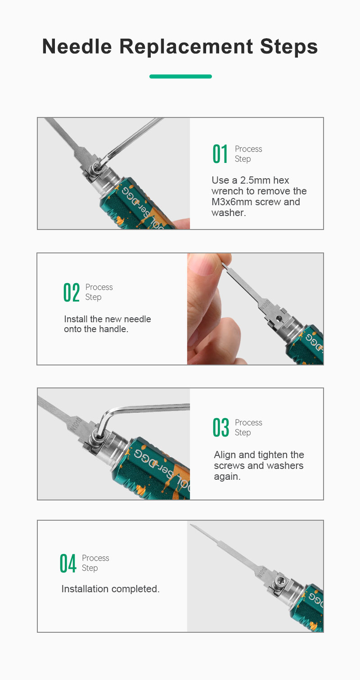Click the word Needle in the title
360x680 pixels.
[x=77, y=47]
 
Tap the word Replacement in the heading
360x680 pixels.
[x=186, y=47]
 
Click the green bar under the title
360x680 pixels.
[x=180, y=77]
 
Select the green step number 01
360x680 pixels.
[x=220, y=154]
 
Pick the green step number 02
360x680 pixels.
[x=72, y=293]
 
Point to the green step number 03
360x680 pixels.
[x=220, y=428]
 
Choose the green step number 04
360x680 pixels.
[x=67, y=563]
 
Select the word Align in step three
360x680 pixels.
[x=225, y=455]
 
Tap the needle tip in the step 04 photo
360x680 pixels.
[x=191, y=525]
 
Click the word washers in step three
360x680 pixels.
[x=286, y=466]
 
